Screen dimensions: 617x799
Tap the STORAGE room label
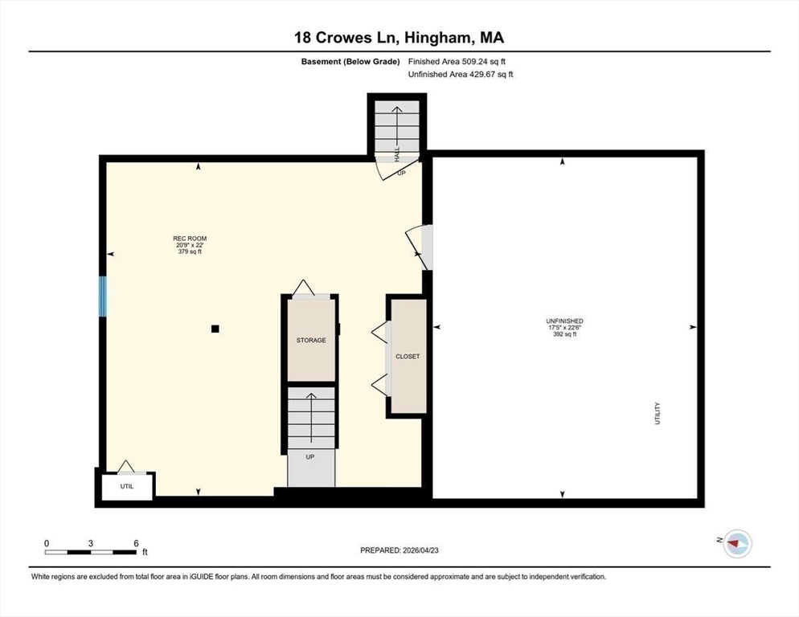(310, 341)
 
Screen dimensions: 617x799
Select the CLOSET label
(408, 356)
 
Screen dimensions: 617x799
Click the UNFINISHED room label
(564, 321)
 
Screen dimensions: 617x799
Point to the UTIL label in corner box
(127, 486)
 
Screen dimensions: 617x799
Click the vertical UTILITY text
(657, 414)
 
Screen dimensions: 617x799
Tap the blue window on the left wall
(102, 296)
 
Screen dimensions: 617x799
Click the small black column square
(215, 328)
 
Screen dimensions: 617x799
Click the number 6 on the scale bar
(136, 543)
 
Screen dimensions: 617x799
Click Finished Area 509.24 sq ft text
(457, 61)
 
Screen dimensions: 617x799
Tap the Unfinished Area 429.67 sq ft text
(461, 75)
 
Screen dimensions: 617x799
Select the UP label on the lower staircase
(310, 456)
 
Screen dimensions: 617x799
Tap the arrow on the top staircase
(397, 129)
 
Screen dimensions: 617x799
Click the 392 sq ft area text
(564, 334)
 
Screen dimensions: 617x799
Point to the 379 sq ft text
(190, 251)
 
